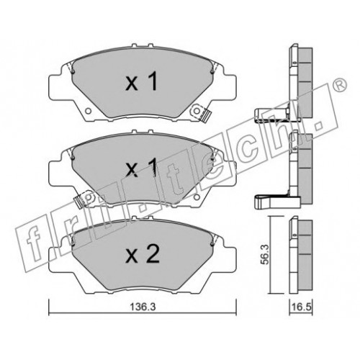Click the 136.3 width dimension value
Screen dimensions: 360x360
[x=143, y=307]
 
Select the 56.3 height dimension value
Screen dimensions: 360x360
[x=265, y=254]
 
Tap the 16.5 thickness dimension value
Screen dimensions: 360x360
[x=302, y=307]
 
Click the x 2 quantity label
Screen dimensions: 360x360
[x=143, y=254]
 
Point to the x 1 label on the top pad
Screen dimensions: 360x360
[x=142, y=81]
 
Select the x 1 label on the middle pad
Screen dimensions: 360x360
[x=142, y=167]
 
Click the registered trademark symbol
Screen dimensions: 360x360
[x=340, y=85]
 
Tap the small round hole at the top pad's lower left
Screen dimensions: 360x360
[x=89, y=111]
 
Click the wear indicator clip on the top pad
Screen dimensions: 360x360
[x=204, y=115]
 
